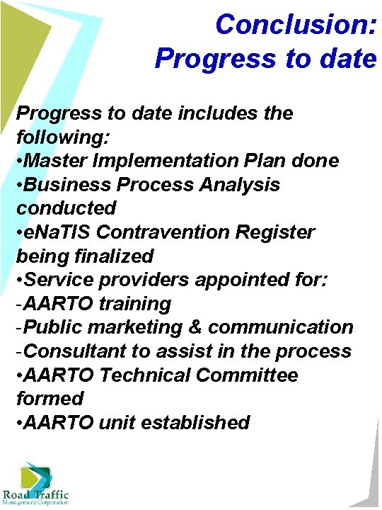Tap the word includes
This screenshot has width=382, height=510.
click(220, 113)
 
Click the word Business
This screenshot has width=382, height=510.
click(69, 185)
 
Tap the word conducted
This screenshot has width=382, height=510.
click(66, 208)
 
